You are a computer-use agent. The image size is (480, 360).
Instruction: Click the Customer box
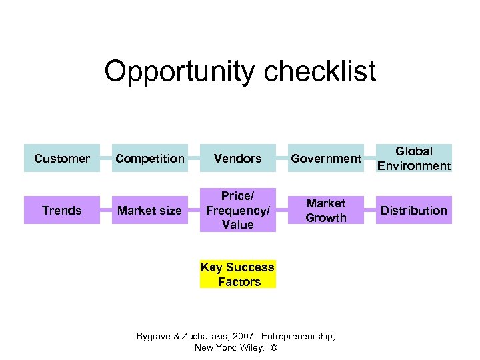click(61, 159)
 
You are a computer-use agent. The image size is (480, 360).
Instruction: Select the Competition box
click(149, 159)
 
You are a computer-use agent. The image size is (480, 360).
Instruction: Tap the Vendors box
click(237, 159)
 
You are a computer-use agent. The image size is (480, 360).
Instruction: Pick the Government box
click(326, 159)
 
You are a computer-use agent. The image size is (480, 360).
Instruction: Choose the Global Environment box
click(414, 159)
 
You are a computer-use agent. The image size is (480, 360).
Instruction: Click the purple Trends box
click(61, 211)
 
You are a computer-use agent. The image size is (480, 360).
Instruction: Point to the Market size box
click(149, 211)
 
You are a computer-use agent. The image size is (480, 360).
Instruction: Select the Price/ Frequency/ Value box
click(237, 211)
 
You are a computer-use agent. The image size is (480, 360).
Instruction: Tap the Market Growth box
click(326, 211)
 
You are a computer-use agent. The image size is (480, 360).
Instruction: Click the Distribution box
click(414, 211)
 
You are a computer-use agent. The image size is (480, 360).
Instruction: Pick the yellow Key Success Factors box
click(237, 275)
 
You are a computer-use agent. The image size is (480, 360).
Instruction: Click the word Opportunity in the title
click(175, 72)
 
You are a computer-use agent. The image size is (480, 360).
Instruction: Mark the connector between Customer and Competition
click(105, 159)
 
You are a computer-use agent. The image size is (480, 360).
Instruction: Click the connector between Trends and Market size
click(105, 211)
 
